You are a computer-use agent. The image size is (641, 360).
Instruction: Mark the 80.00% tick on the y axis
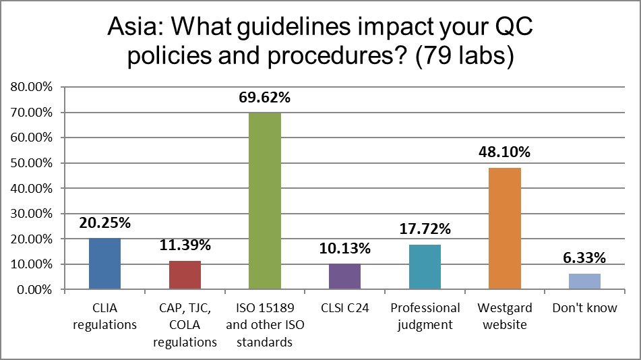30,87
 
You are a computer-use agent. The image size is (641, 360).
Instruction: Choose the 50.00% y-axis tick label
30,163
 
